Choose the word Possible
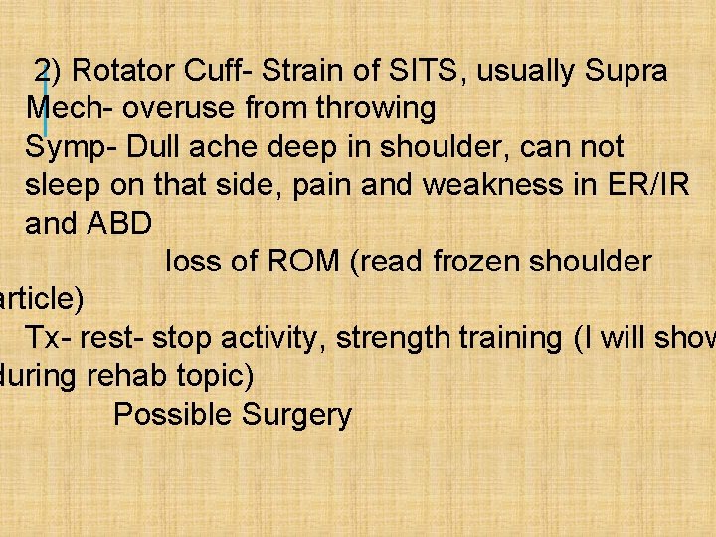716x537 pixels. (x=172, y=415)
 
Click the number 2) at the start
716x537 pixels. (x=49, y=72)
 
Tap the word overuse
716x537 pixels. (x=173, y=109)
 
